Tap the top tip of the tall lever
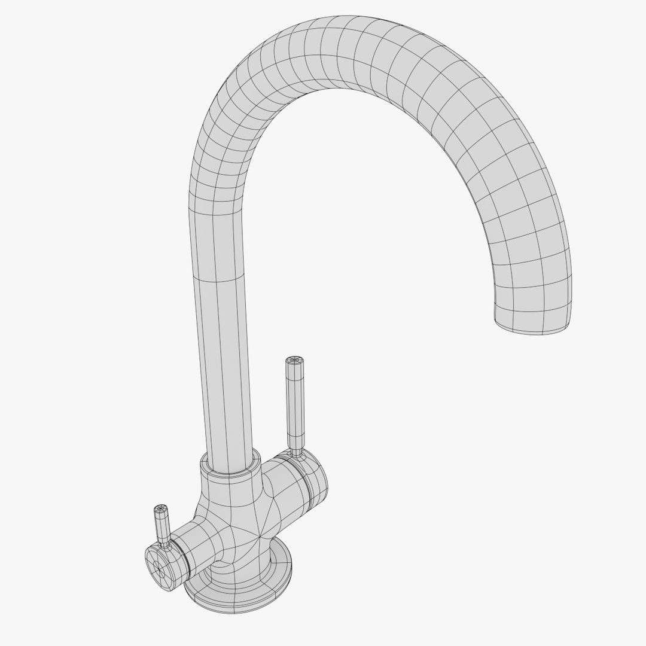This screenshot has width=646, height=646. [x=293, y=360]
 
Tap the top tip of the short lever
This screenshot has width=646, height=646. [x=160, y=509]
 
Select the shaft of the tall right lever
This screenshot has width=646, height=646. [x=295, y=407]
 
